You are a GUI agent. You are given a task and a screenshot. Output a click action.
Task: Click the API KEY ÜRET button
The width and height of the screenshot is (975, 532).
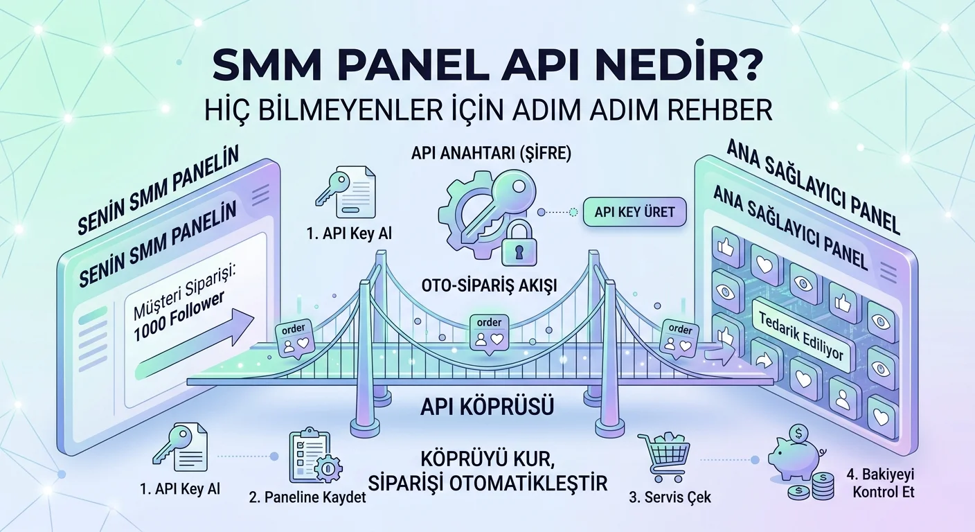tap(634, 212)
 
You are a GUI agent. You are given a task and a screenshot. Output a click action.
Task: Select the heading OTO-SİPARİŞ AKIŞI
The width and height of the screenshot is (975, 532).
tap(489, 285)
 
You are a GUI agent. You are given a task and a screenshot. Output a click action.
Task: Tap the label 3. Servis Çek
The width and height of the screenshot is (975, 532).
tap(670, 497)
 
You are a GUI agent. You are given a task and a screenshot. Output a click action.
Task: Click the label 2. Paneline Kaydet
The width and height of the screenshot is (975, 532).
tap(307, 497)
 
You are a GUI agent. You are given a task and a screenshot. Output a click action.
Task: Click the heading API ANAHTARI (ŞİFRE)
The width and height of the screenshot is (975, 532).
tap(491, 154)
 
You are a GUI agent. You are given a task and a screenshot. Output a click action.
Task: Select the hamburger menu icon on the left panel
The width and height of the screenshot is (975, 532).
tap(260, 195)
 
